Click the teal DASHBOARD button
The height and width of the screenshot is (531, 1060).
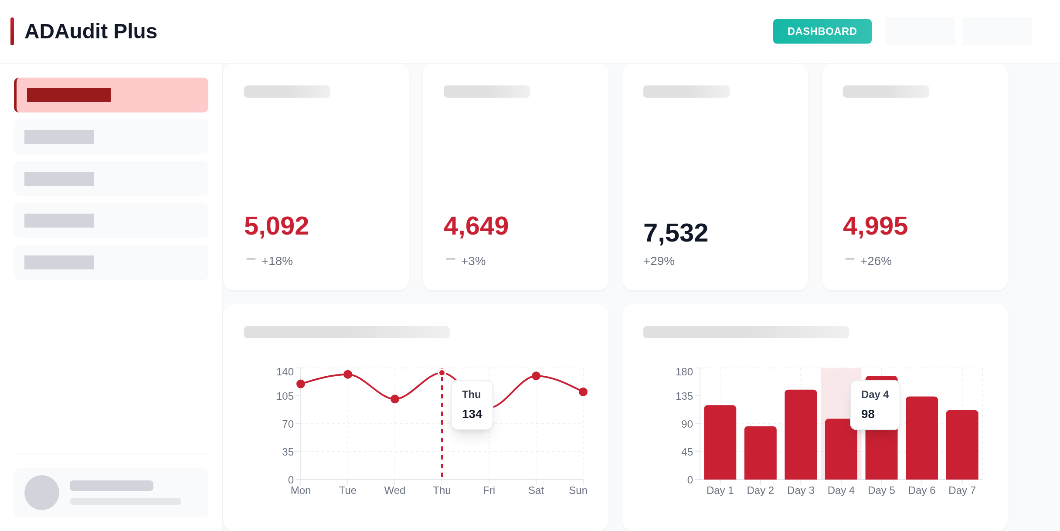point(822,31)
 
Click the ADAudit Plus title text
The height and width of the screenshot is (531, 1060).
point(91,31)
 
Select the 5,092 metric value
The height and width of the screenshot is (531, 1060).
point(276,226)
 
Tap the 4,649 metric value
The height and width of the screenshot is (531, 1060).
point(476,226)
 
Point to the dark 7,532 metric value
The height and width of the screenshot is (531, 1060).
point(676,233)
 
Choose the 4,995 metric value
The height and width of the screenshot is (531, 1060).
point(875,226)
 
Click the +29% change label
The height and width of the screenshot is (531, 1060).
point(659,261)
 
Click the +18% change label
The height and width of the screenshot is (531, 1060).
point(277,261)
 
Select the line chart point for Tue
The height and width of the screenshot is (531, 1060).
point(348,374)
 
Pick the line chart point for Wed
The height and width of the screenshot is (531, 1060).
point(395,399)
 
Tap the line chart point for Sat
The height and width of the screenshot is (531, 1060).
point(536,376)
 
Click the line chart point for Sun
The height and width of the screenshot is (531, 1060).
point(583,392)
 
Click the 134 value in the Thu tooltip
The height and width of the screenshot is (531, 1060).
point(472,414)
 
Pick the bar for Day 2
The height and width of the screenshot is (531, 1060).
point(760,453)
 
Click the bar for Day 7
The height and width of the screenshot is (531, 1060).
point(962,445)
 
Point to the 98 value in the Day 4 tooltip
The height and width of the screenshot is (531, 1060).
point(868,414)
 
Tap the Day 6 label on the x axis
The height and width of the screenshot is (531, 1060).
point(921,490)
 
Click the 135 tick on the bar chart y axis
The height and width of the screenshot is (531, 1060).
point(684,396)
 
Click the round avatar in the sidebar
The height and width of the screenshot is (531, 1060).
point(42,493)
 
